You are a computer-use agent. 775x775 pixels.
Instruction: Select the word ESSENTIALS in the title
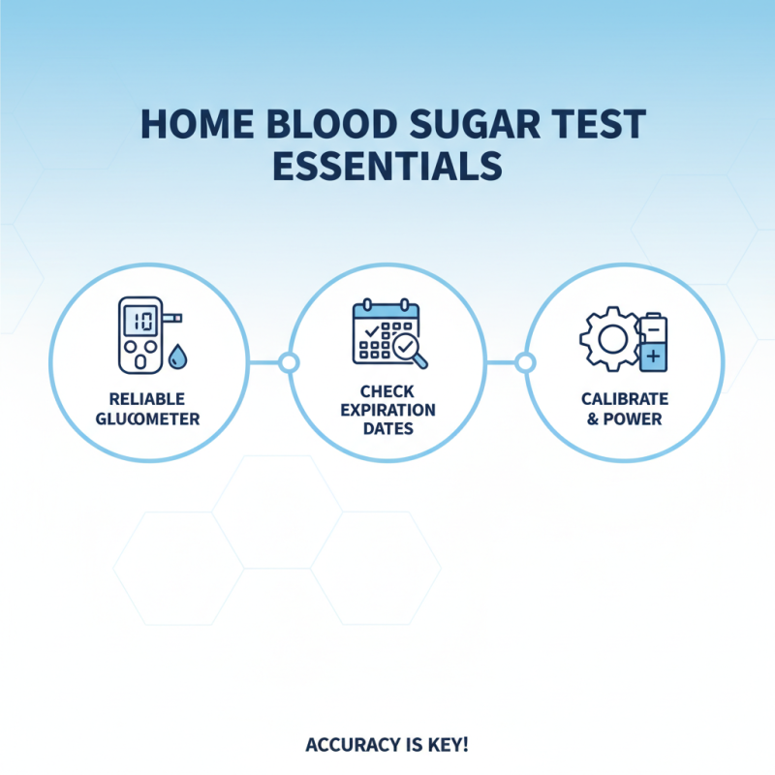tap(387, 166)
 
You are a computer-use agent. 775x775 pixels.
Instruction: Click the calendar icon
tap(381, 332)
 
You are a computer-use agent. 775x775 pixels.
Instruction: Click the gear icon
tap(607, 339)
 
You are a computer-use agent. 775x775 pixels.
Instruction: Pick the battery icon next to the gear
tap(653, 341)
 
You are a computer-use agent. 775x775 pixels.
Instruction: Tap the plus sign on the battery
tap(653, 356)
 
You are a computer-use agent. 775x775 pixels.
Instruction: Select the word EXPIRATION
tap(387, 410)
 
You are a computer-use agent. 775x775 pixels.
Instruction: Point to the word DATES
tap(387, 427)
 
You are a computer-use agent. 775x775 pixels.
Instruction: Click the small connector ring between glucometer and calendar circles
tap(288, 363)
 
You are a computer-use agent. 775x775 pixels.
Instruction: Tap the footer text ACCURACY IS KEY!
tap(387, 745)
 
